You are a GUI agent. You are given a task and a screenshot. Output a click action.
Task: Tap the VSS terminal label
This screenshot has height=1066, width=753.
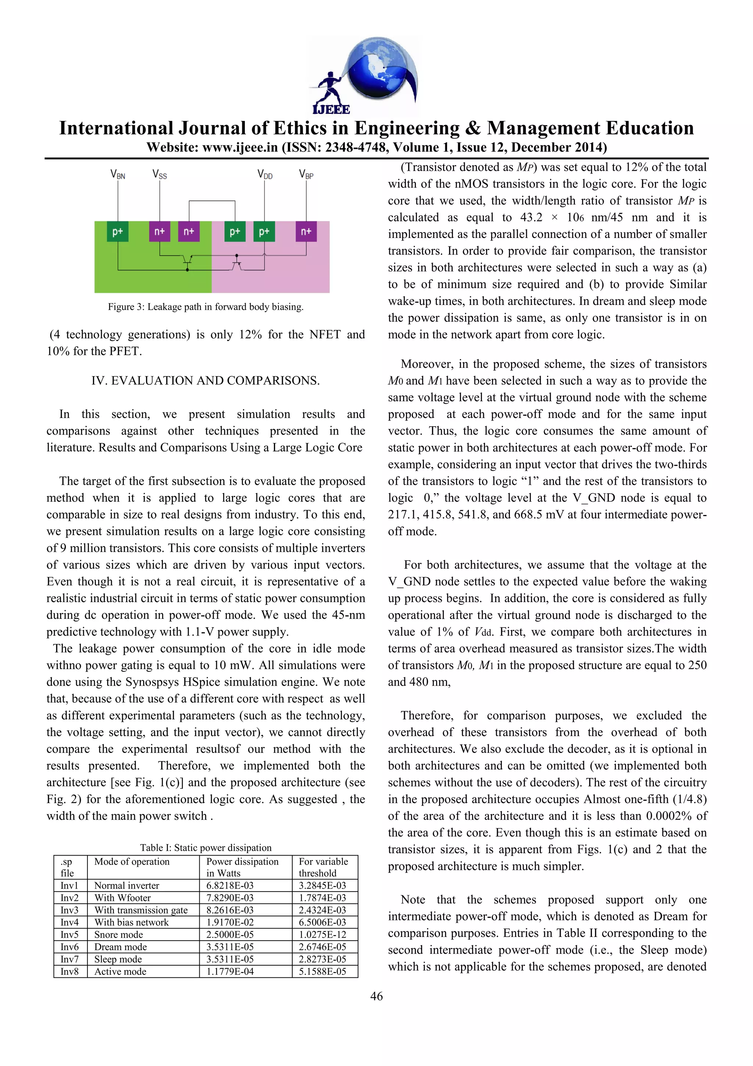[160, 175]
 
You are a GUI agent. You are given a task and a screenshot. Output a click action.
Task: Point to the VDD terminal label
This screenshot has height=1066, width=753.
[265, 175]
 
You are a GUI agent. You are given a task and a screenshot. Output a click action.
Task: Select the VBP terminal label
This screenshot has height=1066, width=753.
[306, 175]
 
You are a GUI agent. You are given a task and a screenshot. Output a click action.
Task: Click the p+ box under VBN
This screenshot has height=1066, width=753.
[118, 231]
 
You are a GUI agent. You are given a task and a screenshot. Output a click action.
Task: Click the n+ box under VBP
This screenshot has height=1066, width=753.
[306, 231]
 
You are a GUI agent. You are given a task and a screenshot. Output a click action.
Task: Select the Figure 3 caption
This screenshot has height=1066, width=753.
[206, 307]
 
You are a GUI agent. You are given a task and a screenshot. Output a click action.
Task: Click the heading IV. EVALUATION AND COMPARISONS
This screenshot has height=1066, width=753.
[206, 381]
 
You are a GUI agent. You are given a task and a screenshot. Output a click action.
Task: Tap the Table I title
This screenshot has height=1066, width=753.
[206, 848]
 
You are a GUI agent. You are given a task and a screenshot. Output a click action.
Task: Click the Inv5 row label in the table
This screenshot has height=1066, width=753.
[69, 934]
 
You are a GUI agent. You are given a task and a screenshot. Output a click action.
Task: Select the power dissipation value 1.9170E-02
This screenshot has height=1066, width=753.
[230, 922]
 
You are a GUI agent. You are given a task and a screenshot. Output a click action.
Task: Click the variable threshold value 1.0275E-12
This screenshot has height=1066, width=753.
[322, 934]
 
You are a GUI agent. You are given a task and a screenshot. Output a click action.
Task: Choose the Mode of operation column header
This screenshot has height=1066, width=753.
[132, 862]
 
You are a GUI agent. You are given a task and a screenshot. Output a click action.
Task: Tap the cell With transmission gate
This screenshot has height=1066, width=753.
[141, 910]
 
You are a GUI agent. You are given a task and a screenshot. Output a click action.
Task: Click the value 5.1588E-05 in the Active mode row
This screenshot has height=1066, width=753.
[322, 971]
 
